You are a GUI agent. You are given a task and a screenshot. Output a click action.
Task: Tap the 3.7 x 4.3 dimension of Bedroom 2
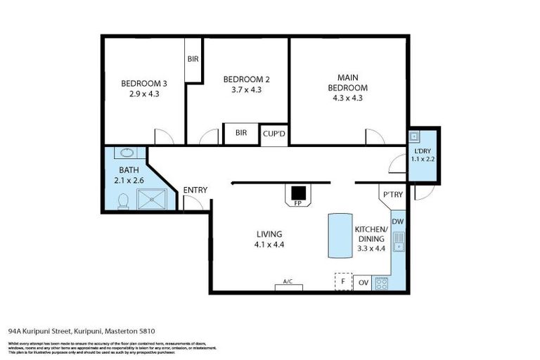246,89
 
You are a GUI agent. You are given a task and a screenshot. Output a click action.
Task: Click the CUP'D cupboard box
274,133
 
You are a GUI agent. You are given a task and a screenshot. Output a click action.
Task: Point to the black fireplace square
299,192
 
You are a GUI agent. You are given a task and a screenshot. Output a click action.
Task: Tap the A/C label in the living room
288,282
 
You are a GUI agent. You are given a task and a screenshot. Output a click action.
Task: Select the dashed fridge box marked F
342,281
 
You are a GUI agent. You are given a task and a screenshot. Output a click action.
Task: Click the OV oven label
364,283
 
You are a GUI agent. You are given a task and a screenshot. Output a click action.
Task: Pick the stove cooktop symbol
381,283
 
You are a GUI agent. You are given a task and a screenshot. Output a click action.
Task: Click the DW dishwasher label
397,222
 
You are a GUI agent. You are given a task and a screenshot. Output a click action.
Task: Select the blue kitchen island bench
339,237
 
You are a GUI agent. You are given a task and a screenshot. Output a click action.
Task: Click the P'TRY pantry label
390,195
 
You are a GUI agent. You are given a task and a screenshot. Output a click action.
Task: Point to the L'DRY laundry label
423,151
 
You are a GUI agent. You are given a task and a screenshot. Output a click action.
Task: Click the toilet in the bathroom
123,201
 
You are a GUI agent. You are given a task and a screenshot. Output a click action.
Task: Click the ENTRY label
194,190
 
